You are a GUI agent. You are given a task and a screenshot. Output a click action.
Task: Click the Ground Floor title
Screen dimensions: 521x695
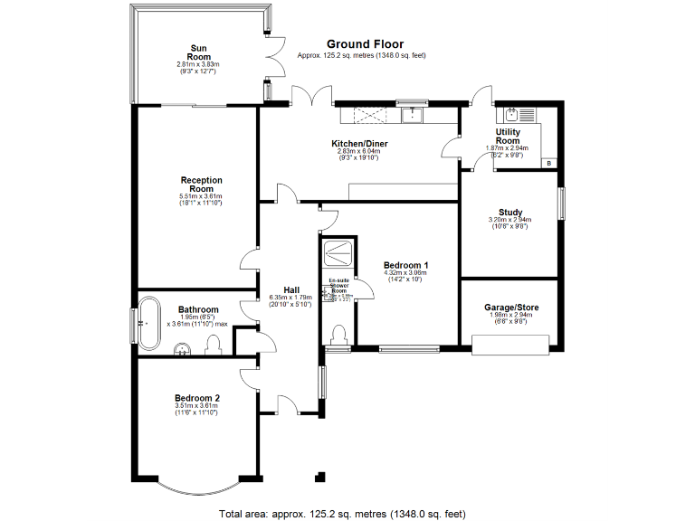coord(365,43)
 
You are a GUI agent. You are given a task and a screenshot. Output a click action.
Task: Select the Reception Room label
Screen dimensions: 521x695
coord(201,185)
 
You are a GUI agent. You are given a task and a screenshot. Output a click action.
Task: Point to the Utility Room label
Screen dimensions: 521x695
coord(508,137)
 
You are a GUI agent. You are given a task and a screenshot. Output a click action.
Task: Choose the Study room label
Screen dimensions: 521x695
coord(510,213)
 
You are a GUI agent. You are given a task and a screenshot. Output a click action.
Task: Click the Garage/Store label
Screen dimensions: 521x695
coord(512,308)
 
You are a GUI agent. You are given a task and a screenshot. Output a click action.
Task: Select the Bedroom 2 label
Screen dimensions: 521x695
coord(197,398)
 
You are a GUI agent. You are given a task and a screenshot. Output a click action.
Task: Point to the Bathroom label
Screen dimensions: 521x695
coord(196,308)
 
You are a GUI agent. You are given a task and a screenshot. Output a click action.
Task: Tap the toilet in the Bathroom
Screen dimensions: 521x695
coord(215,344)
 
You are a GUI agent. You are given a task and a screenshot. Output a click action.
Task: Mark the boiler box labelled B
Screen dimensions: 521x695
coord(548,163)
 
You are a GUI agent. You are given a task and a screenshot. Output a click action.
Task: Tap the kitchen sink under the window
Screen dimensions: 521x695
coord(412,114)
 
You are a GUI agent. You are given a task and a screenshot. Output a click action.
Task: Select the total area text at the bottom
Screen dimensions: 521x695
coord(342,513)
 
